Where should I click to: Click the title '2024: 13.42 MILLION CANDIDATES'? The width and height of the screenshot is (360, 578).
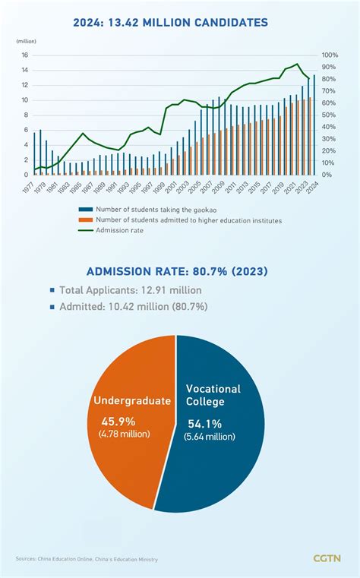tap(180, 23)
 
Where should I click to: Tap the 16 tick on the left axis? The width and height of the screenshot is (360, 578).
tap(24, 55)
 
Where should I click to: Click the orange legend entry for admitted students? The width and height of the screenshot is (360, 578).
tap(190, 220)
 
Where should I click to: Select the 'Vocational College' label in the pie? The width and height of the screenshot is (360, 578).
tap(213, 395)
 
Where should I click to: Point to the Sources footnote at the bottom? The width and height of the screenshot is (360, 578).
tap(87, 559)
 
